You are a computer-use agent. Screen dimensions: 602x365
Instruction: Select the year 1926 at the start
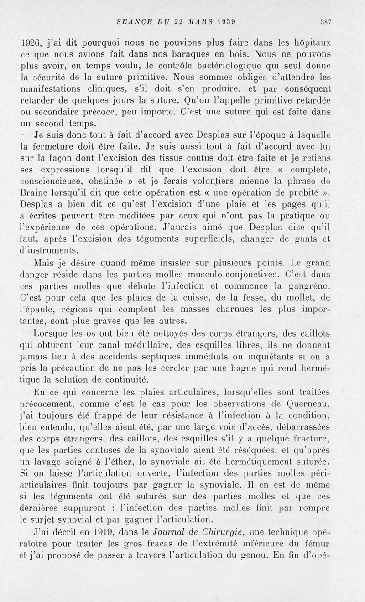click(32, 46)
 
